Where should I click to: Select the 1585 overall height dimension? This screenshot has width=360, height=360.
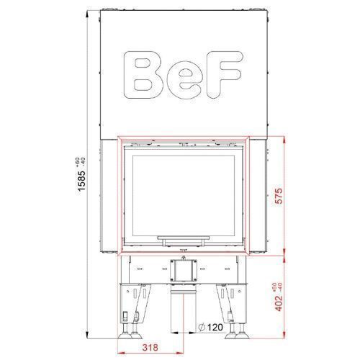point(82,181)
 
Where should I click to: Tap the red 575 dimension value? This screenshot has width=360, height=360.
point(279,196)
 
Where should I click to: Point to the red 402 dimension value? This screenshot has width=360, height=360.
point(279,303)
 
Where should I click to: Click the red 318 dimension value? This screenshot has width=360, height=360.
point(150,347)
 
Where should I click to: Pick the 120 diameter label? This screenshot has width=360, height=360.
point(215,327)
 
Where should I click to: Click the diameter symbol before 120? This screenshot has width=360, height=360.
point(202,327)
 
